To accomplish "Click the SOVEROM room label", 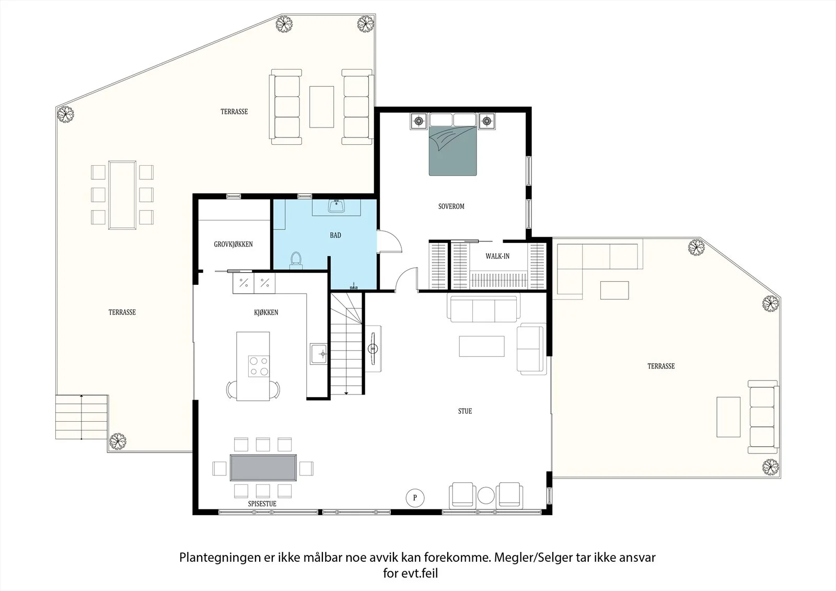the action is click(x=451, y=206).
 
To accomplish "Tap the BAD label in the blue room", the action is click(x=335, y=235).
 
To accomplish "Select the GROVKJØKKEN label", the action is click(x=233, y=244).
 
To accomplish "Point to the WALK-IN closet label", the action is click(x=497, y=256).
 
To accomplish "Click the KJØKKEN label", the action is click(x=266, y=312).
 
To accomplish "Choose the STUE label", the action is click(x=465, y=411).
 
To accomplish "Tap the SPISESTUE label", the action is click(x=262, y=504).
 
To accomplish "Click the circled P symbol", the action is click(x=415, y=497).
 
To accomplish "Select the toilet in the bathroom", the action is click(x=296, y=260).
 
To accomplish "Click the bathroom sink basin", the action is click(x=336, y=206).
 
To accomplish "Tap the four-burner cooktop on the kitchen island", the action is click(x=259, y=366).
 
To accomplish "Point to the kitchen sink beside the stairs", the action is click(x=318, y=354).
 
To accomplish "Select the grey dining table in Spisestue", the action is click(x=263, y=468).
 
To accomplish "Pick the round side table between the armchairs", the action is click(x=486, y=495).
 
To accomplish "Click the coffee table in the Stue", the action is click(x=482, y=346).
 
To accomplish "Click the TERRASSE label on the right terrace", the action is click(x=661, y=366).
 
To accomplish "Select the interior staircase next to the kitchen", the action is click(x=346, y=343).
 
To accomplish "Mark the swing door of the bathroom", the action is click(x=389, y=241).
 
